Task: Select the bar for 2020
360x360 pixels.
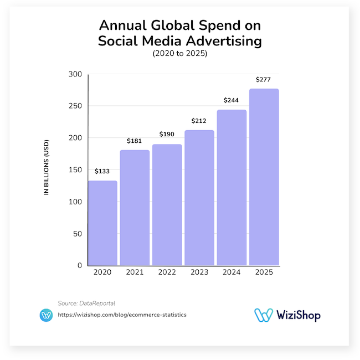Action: (102, 223)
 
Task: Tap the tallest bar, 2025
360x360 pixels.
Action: (264, 177)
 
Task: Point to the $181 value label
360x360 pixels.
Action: (135, 141)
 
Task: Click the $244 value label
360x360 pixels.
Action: (232, 100)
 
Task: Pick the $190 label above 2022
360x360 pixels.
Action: (167, 135)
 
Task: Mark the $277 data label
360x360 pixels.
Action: (264, 79)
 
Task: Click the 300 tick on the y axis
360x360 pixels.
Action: (75, 74)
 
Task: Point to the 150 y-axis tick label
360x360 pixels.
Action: (75, 170)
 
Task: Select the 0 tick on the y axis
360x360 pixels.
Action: (80, 266)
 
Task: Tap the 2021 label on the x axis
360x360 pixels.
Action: (135, 272)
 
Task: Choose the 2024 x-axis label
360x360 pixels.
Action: (232, 272)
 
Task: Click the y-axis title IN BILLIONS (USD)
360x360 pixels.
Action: (47, 167)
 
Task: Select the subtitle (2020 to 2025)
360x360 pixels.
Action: (180, 54)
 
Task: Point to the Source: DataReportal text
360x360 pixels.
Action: (86, 303)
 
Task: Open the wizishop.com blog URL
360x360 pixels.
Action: (122, 315)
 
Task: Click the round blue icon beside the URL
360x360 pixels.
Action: (46, 315)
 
